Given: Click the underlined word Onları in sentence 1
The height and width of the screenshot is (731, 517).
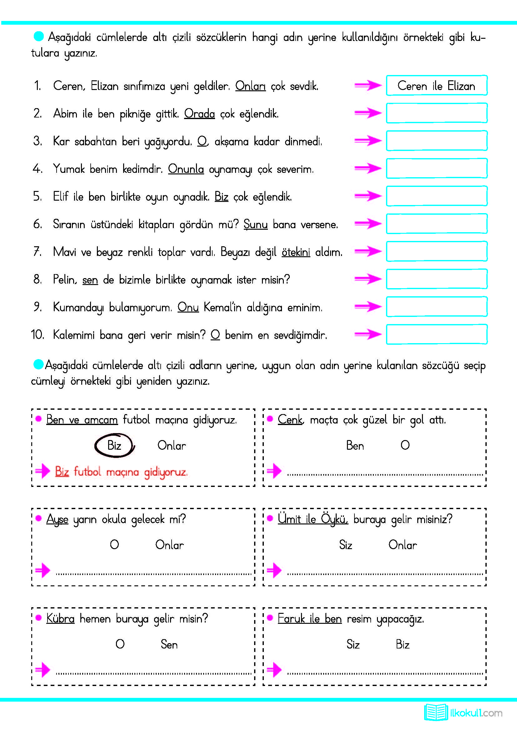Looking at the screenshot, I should click(x=250, y=86).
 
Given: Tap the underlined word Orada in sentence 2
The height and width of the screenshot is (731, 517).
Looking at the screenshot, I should click(x=199, y=114).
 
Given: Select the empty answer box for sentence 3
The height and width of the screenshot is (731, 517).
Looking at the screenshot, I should click(x=436, y=140).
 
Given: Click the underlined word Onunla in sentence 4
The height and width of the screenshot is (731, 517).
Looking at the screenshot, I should click(x=186, y=169).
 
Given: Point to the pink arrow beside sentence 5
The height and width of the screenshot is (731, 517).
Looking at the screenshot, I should click(x=368, y=196).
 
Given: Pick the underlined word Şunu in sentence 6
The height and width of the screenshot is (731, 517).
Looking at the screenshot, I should click(x=255, y=224).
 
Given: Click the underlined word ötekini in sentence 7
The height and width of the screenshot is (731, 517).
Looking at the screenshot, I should click(x=295, y=252).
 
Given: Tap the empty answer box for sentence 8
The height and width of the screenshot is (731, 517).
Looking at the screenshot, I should click(x=436, y=279).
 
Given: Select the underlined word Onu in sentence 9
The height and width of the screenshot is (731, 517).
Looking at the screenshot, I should click(x=188, y=307).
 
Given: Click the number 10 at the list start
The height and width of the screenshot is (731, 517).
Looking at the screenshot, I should click(x=37, y=335).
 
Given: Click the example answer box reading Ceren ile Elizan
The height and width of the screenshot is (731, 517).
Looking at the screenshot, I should click(x=436, y=85).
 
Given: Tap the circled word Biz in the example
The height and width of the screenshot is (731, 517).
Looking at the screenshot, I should click(x=114, y=445).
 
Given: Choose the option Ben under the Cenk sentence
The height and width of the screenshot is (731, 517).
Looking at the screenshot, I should click(x=355, y=445).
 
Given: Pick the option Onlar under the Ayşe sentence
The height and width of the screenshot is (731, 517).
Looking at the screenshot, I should click(x=169, y=545).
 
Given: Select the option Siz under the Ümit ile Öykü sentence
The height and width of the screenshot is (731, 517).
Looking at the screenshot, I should click(x=345, y=545).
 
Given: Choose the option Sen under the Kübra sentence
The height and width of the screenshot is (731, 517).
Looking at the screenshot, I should click(x=169, y=644).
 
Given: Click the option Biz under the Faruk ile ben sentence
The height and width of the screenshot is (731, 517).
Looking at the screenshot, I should click(x=402, y=644).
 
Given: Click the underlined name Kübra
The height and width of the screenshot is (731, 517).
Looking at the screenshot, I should click(x=60, y=618).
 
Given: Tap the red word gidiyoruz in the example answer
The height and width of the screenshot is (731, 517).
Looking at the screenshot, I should click(x=166, y=472).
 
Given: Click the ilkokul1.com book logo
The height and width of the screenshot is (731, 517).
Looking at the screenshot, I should click(x=435, y=713).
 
